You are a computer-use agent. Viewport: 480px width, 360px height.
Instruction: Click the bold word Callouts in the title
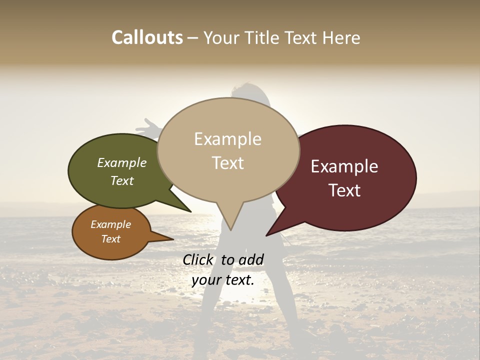pyautogui.click(x=147, y=37)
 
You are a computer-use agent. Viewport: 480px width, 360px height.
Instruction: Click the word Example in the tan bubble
pyautogui.click(x=227, y=139)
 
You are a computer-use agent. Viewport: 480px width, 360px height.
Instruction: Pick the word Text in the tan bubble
pyautogui.click(x=227, y=162)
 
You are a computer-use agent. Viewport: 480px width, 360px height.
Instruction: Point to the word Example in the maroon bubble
pyautogui.click(x=344, y=166)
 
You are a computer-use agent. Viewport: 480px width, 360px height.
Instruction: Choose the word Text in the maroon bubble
pyautogui.click(x=344, y=190)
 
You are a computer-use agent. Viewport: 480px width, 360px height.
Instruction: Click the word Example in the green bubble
pyautogui.click(x=122, y=163)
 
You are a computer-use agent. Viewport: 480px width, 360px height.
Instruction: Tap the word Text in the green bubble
pyautogui.click(x=122, y=180)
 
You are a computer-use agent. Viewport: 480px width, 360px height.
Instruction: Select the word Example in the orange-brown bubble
pyautogui.click(x=110, y=224)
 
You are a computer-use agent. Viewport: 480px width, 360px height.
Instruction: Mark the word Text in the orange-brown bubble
pyautogui.click(x=110, y=239)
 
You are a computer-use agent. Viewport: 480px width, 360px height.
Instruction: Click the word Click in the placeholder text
pyautogui.click(x=199, y=259)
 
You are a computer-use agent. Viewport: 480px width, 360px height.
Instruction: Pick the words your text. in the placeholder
pyautogui.click(x=222, y=280)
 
